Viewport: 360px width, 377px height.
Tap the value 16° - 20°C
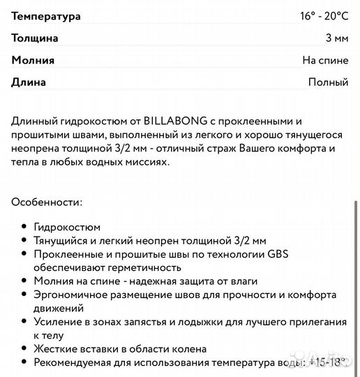pos(320,15)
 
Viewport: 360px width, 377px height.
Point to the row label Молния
pos(33,60)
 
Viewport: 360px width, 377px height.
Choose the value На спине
pos(324,60)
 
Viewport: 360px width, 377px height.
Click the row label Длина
pos(29,82)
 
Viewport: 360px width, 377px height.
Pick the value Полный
pos(328,82)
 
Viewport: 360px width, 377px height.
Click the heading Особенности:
pos(47,202)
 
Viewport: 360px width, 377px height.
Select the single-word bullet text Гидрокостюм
pos(67,228)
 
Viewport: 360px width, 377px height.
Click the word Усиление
pos(57,321)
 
